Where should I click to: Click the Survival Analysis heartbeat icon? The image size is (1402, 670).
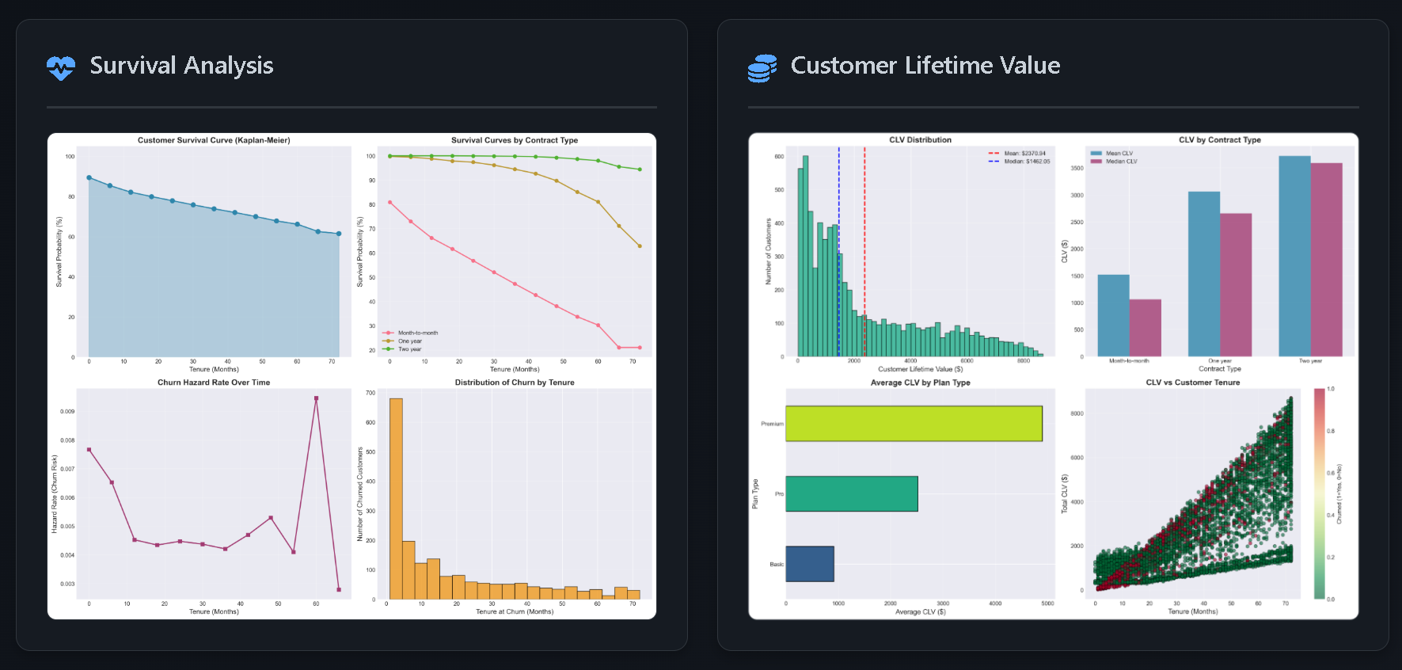[x=61, y=68]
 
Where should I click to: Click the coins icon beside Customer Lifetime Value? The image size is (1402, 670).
[x=762, y=68]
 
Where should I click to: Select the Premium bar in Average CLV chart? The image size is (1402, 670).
[x=914, y=424]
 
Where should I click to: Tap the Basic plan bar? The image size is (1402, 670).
[x=810, y=564]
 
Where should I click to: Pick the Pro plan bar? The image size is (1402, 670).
[x=852, y=493]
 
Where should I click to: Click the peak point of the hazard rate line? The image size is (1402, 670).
[x=317, y=398]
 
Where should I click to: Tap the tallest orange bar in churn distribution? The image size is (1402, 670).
[x=396, y=499]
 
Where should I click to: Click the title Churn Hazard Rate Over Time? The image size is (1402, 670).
[x=214, y=383]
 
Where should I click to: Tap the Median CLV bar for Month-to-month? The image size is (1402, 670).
[x=1145, y=328]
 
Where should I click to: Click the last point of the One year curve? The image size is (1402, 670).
[x=640, y=246]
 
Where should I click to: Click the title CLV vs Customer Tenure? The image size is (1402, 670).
[x=1192, y=383]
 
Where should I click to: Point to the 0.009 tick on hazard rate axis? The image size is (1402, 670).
[x=67, y=412]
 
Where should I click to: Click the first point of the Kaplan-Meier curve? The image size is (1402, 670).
[x=89, y=177]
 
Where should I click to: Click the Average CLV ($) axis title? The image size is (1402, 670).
[x=920, y=611]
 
